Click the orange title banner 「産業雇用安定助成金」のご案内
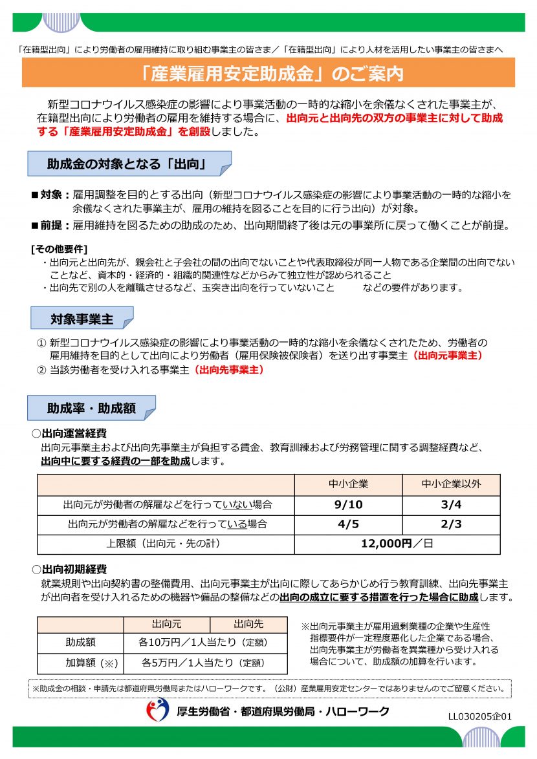(x=268, y=73)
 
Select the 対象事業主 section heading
(x=82, y=319)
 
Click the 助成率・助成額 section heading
(x=91, y=408)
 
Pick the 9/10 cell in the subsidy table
(x=348, y=504)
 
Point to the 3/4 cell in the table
(x=451, y=504)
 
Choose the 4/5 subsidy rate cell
(x=348, y=524)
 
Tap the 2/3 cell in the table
(x=451, y=524)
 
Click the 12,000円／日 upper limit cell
(x=397, y=544)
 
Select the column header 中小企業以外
(x=451, y=484)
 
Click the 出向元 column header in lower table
(x=166, y=624)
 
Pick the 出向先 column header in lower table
(x=248, y=624)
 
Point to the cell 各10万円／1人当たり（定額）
(x=205, y=643)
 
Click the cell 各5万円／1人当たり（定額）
(x=205, y=663)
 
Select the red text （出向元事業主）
(x=447, y=356)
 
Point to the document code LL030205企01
(x=479, y=716)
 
